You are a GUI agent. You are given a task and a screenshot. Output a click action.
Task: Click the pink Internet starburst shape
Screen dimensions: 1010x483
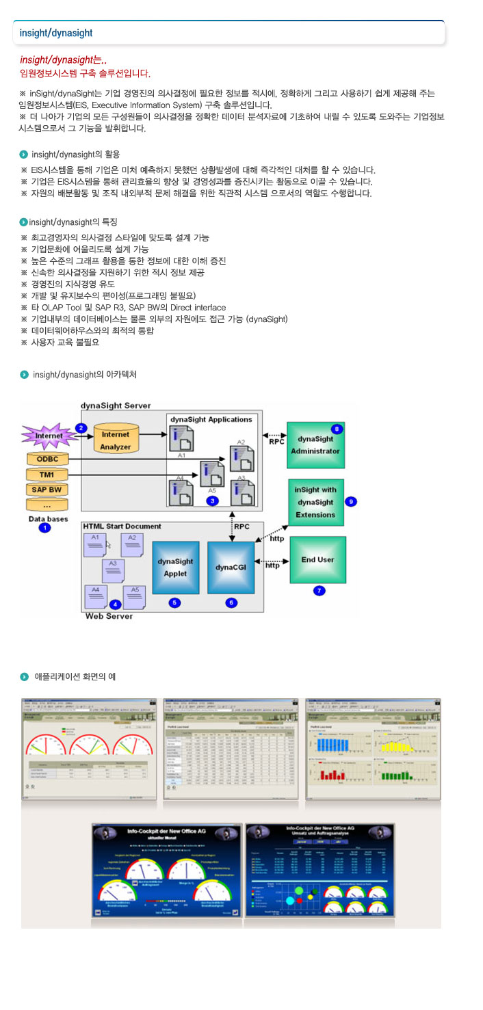click(x=49, y=436)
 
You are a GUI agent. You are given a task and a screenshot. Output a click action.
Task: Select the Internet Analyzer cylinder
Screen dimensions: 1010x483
click(x=116, y=440)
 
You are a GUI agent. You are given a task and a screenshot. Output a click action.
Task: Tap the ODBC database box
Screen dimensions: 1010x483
click(x=47, y=459)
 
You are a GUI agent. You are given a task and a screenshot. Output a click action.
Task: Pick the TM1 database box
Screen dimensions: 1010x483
click(x=47, y=474)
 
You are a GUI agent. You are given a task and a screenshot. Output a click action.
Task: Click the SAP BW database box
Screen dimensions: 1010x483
click(x=47, y=489)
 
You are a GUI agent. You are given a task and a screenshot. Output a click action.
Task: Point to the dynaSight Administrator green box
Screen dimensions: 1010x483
click(x=315, y=445)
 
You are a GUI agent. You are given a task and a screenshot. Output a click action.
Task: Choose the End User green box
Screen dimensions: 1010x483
click(x=317, y=559)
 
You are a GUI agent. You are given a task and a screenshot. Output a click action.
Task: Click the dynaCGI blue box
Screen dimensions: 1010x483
click(x=231, y=566)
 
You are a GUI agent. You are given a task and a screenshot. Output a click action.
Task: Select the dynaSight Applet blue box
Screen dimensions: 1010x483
click(x=175, y=566)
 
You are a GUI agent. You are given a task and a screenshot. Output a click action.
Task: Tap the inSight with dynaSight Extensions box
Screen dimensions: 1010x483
click(x=315, y=502)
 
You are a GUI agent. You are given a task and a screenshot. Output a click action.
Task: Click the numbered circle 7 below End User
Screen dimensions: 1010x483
click(x=318, y=589)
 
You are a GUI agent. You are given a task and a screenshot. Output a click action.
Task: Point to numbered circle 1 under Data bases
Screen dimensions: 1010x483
click(x=45, y=528)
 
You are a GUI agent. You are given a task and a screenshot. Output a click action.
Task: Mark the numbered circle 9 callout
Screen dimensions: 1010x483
click(x=351, y=501)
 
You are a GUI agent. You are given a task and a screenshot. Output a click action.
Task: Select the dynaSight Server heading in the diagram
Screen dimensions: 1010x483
click(x=116, y=406)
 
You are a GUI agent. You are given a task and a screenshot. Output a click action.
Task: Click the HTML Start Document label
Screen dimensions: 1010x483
click(x=122, y=526)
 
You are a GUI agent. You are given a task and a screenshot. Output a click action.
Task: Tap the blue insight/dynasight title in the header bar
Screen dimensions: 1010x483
click(x=56, y=33)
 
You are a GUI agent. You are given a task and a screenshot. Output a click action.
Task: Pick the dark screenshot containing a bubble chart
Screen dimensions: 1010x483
click(x=319, y=870)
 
